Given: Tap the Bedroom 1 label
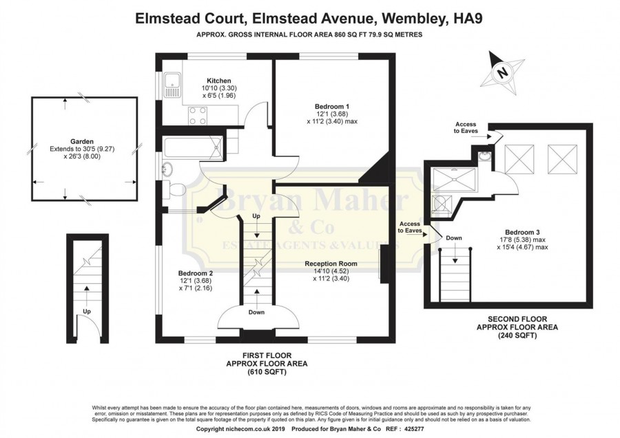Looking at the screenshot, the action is point(332,106).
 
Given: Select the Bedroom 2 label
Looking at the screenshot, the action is point(196,273).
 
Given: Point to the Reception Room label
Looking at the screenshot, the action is point(331,264).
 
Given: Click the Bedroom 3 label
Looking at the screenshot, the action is point(522,233).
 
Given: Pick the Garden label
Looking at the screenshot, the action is point(82,141).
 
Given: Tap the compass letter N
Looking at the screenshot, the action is point(503,72).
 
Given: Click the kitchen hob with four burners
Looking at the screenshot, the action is point(198,115).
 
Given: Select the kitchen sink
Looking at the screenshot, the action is point(173,85).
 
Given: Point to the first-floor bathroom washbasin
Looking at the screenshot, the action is point(167,169).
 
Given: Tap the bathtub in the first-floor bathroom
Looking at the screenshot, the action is point(193,147).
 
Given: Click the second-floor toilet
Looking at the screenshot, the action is point(440,202).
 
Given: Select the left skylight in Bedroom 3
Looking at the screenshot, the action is point(519,160).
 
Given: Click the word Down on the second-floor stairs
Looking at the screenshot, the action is point(454,238).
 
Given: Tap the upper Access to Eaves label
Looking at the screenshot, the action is point(466,127).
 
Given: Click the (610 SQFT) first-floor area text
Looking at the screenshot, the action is point(267,372).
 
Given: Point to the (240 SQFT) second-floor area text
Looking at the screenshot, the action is point(517,335).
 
